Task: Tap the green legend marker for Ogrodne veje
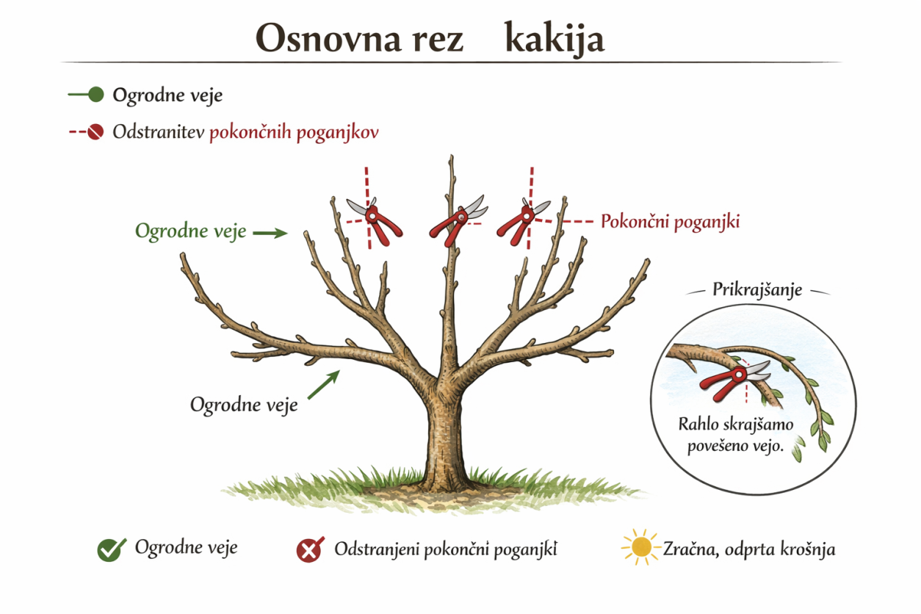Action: [x=95, y=95]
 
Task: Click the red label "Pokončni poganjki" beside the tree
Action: [x=670, y=221]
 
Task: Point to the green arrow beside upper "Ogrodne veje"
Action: [x=270, y=233]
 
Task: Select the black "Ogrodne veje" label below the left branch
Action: [x=244, y=405]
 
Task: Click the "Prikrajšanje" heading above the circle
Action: [x=757, y=289]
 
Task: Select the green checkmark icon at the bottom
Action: [x=110, y=549]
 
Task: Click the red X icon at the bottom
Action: [x=310, y=549]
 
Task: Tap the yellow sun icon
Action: [x=641, y=547]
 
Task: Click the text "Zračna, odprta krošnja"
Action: [x=749, y=549]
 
